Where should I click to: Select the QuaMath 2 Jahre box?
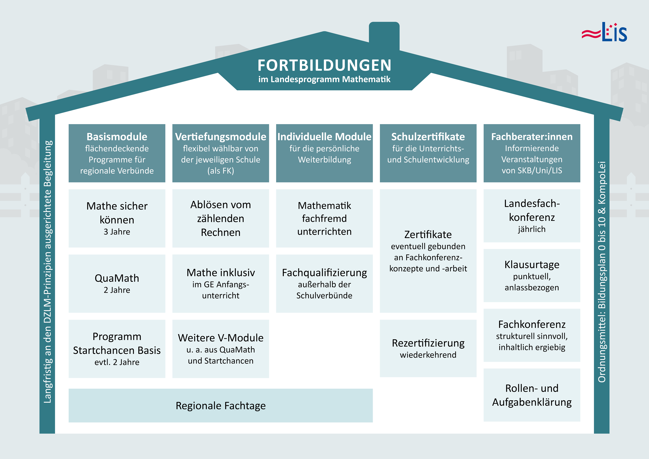(x=117, y=283)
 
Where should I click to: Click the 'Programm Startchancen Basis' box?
(x=117, y=349)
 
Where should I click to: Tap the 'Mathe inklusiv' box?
(x=221, y=283)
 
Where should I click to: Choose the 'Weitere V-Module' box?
(x=221, y=349)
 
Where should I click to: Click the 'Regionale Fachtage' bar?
(x=221, y=405)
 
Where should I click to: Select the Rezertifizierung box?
(x=428, y=348)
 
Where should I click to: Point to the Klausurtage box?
(x=532, y=275)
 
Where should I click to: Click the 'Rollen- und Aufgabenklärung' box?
(x=532, y=395)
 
